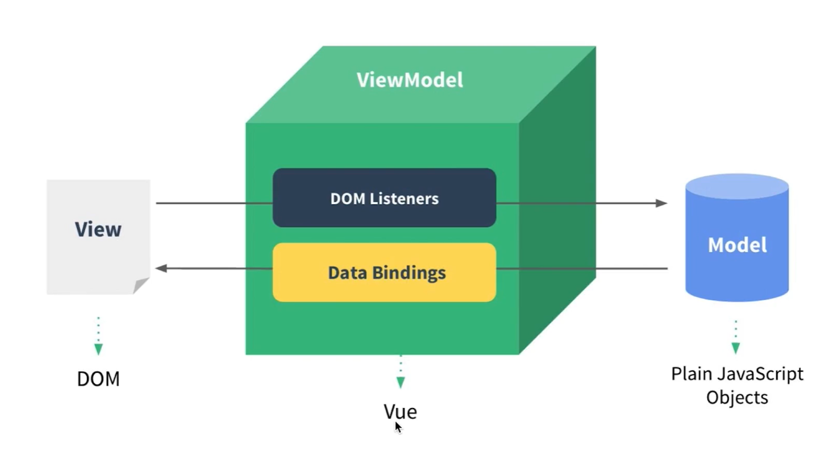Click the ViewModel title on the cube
(410, 80)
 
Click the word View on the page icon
(98, 229)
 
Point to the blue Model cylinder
(736, 245)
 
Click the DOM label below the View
(98, 379)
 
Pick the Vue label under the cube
(400, 411)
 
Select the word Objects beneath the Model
(736, 398)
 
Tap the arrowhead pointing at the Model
(662, 203)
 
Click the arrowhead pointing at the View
(161, 268)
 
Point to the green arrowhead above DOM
(99, 349)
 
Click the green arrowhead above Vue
(401, 382)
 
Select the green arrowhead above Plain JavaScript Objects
(736, 348)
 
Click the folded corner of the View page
(140, 285)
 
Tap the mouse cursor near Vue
(397, 427)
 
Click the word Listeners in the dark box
(404, 199)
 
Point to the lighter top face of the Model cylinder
(736, 186)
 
